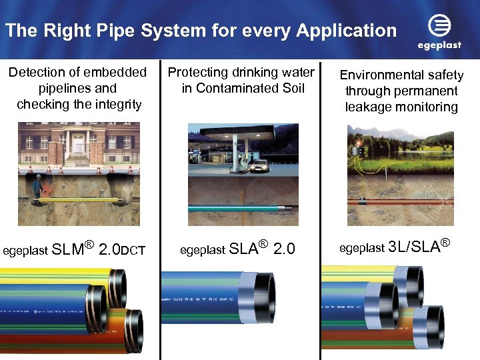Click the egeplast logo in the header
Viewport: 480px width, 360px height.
(438, 32)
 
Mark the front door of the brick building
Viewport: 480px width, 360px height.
(77, 148)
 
